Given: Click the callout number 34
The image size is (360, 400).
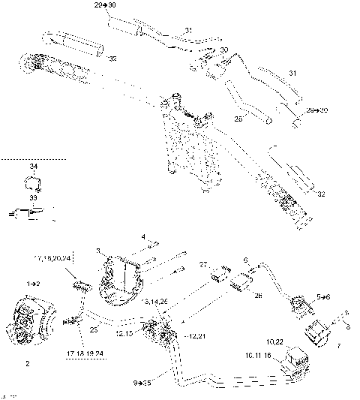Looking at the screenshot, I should pos(32,167).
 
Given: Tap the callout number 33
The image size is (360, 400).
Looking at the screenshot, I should pos(32,197).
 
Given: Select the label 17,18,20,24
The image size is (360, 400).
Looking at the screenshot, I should pos(52,259).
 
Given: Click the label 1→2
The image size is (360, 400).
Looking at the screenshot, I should pos(34,285).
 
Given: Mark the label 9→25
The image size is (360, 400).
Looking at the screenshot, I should pos(142,383).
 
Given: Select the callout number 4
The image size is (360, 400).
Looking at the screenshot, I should pos(143,237).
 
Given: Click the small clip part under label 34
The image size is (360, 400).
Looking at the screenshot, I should pos(32,182).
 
